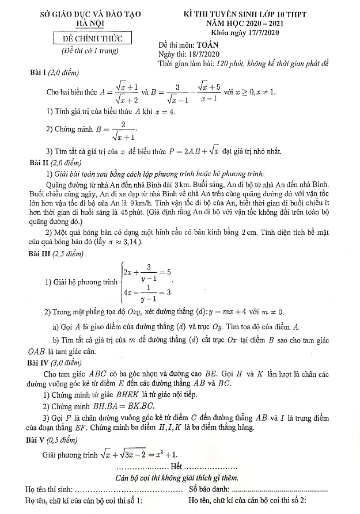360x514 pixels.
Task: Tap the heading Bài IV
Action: point(42,363)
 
